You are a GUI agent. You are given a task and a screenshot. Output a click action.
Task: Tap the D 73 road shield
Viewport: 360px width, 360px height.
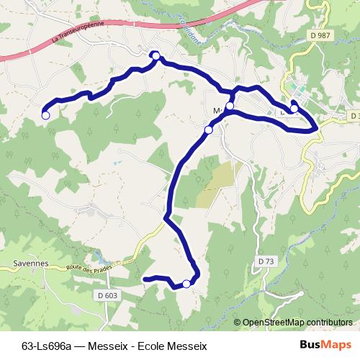(x=266, y=260)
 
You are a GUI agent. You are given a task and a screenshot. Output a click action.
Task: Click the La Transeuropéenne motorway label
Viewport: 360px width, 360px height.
(x=79, y=33)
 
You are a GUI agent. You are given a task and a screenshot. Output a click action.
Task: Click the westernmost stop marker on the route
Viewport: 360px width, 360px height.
(x=45, y=114)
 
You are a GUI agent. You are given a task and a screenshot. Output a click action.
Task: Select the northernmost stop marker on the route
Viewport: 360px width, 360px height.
(x=155, y=55)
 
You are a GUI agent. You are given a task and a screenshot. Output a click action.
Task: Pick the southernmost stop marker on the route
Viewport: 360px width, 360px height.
(x=187, y=284)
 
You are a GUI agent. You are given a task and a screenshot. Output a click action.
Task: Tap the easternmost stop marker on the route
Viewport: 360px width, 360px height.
(x=294, y=109)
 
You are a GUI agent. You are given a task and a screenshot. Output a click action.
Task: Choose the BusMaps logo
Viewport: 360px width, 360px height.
(x=325, y=346)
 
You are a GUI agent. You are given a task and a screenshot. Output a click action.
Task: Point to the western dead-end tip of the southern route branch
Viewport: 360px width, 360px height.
(x=145, y=279)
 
